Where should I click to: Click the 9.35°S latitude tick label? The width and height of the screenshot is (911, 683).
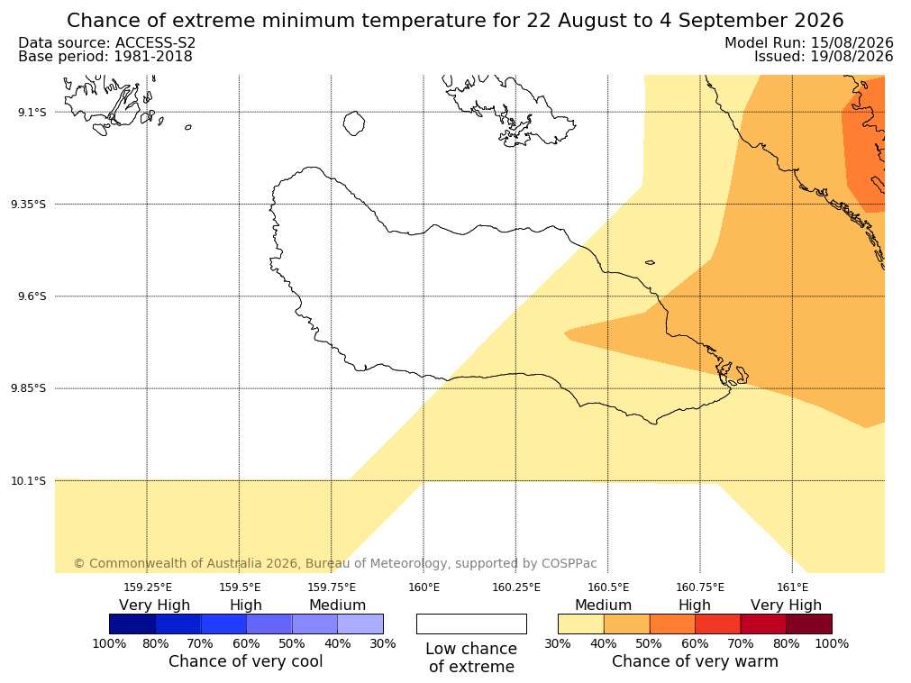pyautogui.click(x=29, y=204)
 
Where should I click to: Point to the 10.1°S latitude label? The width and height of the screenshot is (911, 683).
pyautogui.click(x=29, y=481)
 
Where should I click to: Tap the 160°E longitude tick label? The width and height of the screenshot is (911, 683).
pyautogui.click(x=424, y=587)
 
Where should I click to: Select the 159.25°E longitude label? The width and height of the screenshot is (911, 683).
pyautogui.click(x=148, y=587)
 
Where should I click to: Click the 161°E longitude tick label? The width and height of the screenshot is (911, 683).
pyautogui.click(x=792, y=587)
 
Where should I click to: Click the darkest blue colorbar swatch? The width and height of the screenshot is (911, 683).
pyautogui.click(x=132, y=624)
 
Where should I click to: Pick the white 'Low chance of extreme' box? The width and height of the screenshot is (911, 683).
pyautogui.click(x=471, y=624)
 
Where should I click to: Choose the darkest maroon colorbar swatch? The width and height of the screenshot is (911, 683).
pyautogui.click(x=809, y=624)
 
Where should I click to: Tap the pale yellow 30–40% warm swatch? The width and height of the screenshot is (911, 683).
pyautogui.click(x=581, y=624)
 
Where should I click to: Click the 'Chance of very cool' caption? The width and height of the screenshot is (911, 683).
pyautogui.click(x=246, y=661)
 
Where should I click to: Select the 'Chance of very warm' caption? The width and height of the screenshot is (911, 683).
pyautogui.click(x=695, y=661)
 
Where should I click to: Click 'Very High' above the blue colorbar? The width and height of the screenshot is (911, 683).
pyautogui.click(x=155, y=606)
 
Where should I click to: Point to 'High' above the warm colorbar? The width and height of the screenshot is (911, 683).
pyautogui.click(x=695, y=606)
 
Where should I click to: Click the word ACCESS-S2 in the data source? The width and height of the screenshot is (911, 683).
pyautogui.click(x=156, y=43)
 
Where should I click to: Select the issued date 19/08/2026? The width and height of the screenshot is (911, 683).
pyautogui.click(x=852, y=57)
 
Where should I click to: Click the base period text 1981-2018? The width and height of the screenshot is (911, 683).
pyautogui.click(x=153, y=57)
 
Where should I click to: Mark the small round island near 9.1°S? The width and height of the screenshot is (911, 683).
pyautogui.click(x=354, y=123)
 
